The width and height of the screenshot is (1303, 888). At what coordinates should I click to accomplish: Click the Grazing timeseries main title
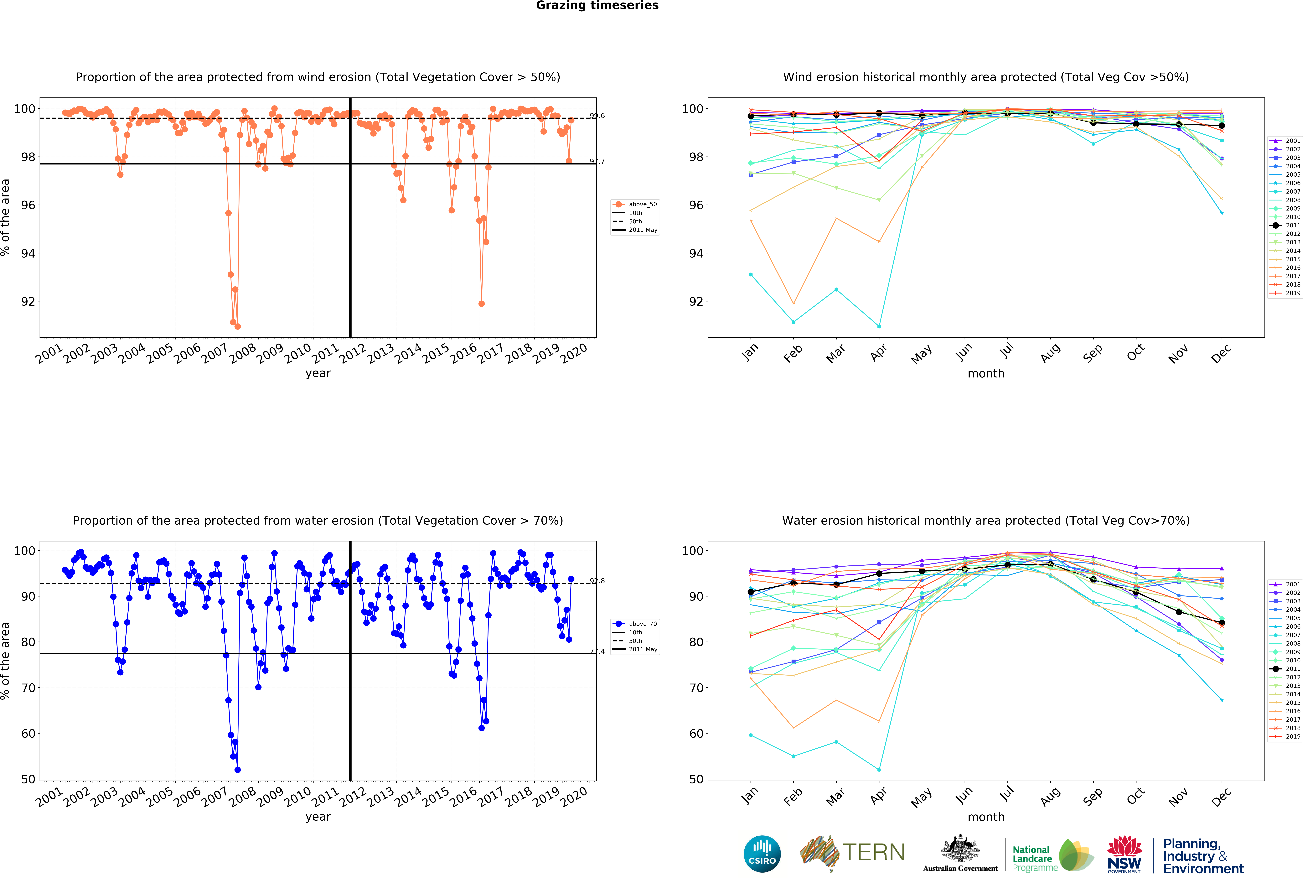597,6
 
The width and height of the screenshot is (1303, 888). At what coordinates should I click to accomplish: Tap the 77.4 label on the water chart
597,651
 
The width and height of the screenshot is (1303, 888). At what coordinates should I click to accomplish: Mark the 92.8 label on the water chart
597,581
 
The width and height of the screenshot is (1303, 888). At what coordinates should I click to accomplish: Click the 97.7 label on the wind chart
597,161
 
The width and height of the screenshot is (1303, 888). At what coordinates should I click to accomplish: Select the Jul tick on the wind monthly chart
1008,350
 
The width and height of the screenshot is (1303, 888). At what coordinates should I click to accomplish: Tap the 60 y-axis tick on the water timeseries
28,734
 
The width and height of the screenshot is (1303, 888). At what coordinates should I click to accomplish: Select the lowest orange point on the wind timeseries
238,326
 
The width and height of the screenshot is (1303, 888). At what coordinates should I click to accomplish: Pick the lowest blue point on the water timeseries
238,770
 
